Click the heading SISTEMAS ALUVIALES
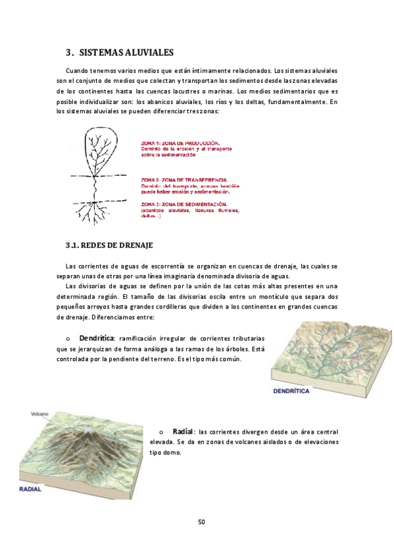[x=126, y=53]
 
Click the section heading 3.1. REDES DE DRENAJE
[x=109, y=245]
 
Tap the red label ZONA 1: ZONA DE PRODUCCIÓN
[x=181, y=142]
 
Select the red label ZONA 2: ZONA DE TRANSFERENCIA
[x=184, y=180]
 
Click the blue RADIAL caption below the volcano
[x=30, y=490]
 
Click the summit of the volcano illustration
[x=89, y=428]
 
